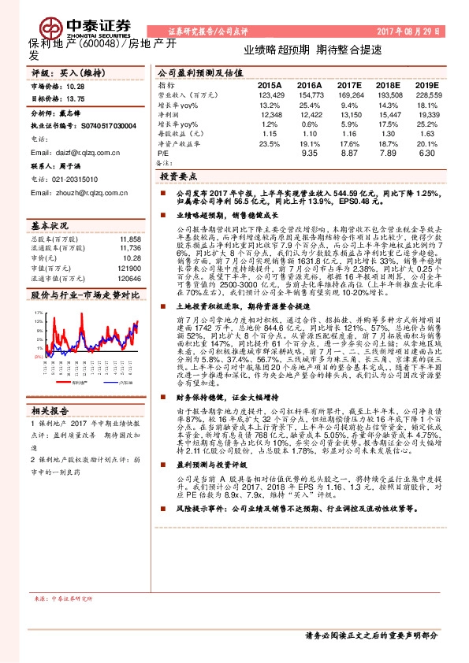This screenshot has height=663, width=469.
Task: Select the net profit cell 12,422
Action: tap(309, 114)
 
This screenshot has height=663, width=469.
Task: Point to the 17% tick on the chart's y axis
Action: tap(39, 313)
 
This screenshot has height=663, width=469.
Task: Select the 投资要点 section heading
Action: tap(180, 177)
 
